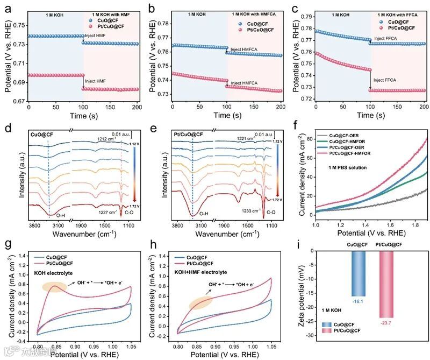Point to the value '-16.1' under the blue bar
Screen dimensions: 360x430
tap(356, 301)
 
